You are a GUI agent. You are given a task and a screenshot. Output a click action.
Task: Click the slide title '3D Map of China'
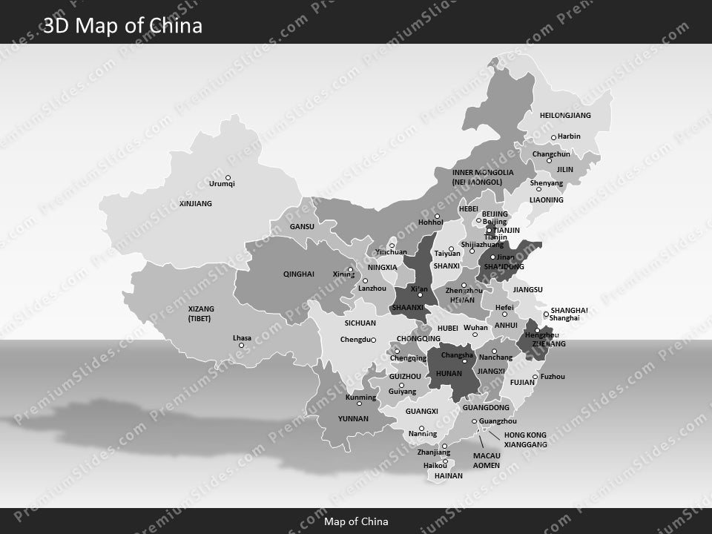(x=122, y=26)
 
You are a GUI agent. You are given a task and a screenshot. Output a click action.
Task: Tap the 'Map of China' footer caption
(x=356, y=521)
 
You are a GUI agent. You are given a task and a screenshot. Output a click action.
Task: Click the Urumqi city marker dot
(x=228, y=178)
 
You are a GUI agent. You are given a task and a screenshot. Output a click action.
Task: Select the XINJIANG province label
(x=196, y=203)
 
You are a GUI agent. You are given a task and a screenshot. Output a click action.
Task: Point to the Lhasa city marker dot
(x=241, y=345)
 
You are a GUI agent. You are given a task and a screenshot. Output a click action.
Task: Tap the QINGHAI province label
(x=298, y=274)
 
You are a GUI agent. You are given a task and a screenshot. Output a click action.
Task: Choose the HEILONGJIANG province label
(x=565, y=116)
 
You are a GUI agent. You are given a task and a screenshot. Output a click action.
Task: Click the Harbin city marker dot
(x=553, y=137)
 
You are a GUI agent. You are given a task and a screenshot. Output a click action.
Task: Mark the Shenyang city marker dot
(x=538, y=188)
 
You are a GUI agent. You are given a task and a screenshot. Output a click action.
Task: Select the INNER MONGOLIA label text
(x=483, y=172)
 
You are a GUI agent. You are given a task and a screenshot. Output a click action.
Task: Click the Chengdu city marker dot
(x=373, y=340)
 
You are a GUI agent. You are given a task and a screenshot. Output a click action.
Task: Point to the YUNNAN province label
(x=353, y=418)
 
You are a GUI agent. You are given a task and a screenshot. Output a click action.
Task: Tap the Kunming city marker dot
(x=360, y=404)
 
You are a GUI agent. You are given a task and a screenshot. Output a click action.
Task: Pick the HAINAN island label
(x=449, y=475)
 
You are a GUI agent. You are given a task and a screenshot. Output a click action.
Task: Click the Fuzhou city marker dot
(x=535, y=377)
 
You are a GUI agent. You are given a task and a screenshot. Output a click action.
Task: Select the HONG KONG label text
(x=525, y=435)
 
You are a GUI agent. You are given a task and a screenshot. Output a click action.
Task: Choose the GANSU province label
(x=302, y=226)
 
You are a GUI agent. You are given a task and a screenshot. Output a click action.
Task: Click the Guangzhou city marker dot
(x=475, y=421)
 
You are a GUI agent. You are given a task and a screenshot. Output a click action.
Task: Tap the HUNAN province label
(x=449, y=373)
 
